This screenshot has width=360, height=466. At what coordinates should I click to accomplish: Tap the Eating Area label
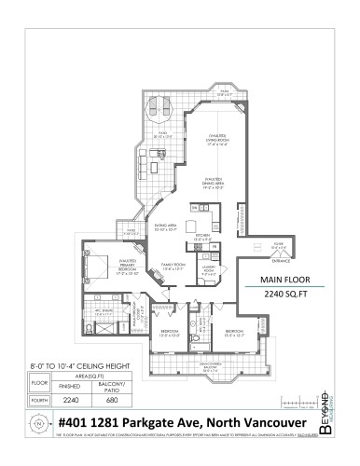pos(166,227)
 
